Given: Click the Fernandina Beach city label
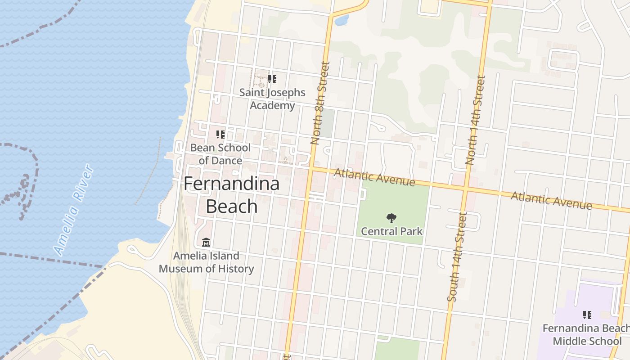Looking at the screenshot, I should [232, 195].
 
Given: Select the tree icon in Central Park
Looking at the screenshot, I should [391, 218].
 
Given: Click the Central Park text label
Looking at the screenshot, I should [391, 231].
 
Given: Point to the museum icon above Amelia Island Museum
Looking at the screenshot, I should [206, 242].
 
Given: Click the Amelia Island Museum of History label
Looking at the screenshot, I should [206, 262].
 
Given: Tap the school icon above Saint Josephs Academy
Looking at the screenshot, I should [272, 80].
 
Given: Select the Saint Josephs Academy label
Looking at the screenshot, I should [272, 99].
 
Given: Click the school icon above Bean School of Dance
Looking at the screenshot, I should [220, 135].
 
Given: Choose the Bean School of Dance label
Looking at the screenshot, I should [220, 154].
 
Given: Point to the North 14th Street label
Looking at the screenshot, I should [476, 120].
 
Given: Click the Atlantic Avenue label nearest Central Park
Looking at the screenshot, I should [374, 177].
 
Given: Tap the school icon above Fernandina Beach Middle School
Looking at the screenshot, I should [587, 315].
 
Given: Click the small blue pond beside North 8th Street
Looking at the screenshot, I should [342, 20].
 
